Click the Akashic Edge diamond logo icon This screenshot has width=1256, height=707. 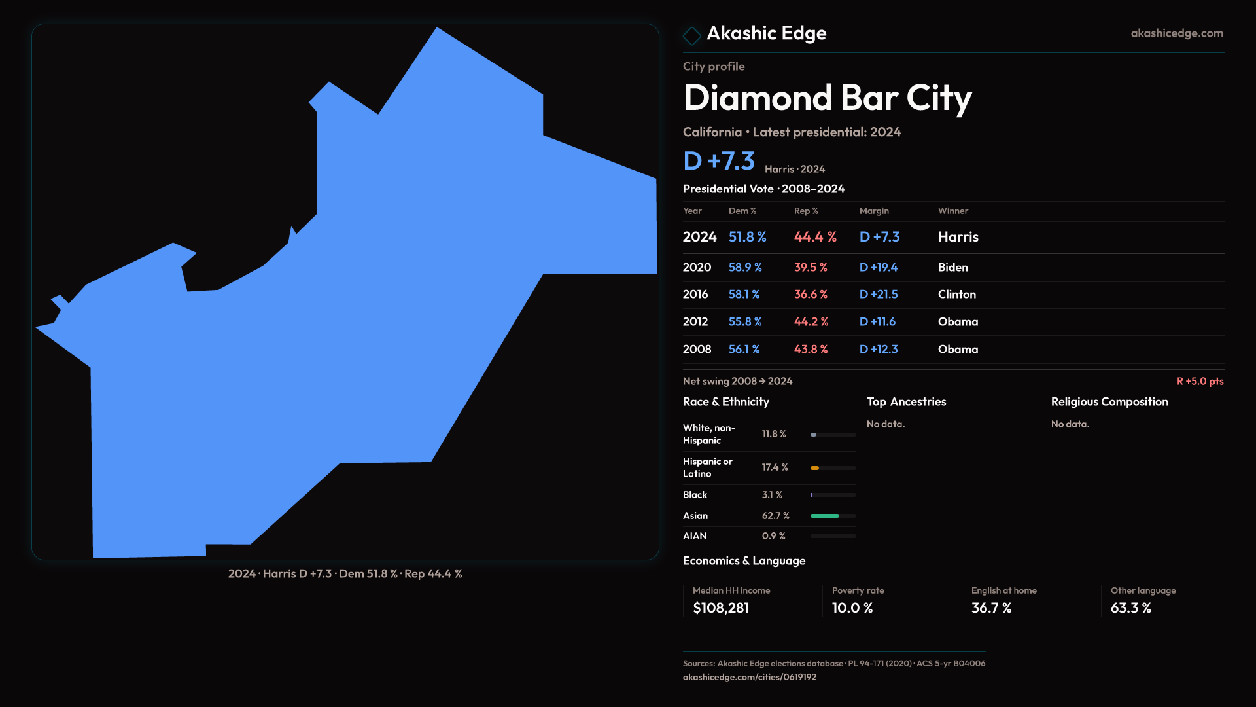[691, 35]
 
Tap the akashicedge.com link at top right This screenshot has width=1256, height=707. [1177, 33]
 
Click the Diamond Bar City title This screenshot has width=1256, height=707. [827, 98]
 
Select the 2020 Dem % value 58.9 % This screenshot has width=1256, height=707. [745, 268]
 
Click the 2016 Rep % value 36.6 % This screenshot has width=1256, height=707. [811, 295]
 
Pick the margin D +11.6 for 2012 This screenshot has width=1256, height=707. [877, 322]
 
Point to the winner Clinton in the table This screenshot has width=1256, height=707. [956, 295]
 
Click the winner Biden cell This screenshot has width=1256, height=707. [952, 268]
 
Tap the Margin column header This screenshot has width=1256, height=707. [874, 211]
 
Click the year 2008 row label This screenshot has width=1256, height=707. [697, 350]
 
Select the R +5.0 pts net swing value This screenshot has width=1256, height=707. [1200, 381]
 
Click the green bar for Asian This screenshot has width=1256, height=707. [824, 516]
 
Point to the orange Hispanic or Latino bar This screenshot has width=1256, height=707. [814, 468]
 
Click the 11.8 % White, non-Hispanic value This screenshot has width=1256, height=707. [774, 434]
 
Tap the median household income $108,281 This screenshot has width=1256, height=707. [721, 608]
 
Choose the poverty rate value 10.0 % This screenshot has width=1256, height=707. [852, 608]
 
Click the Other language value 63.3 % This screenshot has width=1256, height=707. [1130, 608]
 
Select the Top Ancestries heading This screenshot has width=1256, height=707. [906, 402]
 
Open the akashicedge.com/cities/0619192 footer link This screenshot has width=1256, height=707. [750, 677]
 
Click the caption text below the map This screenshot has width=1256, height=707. [345, 574]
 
